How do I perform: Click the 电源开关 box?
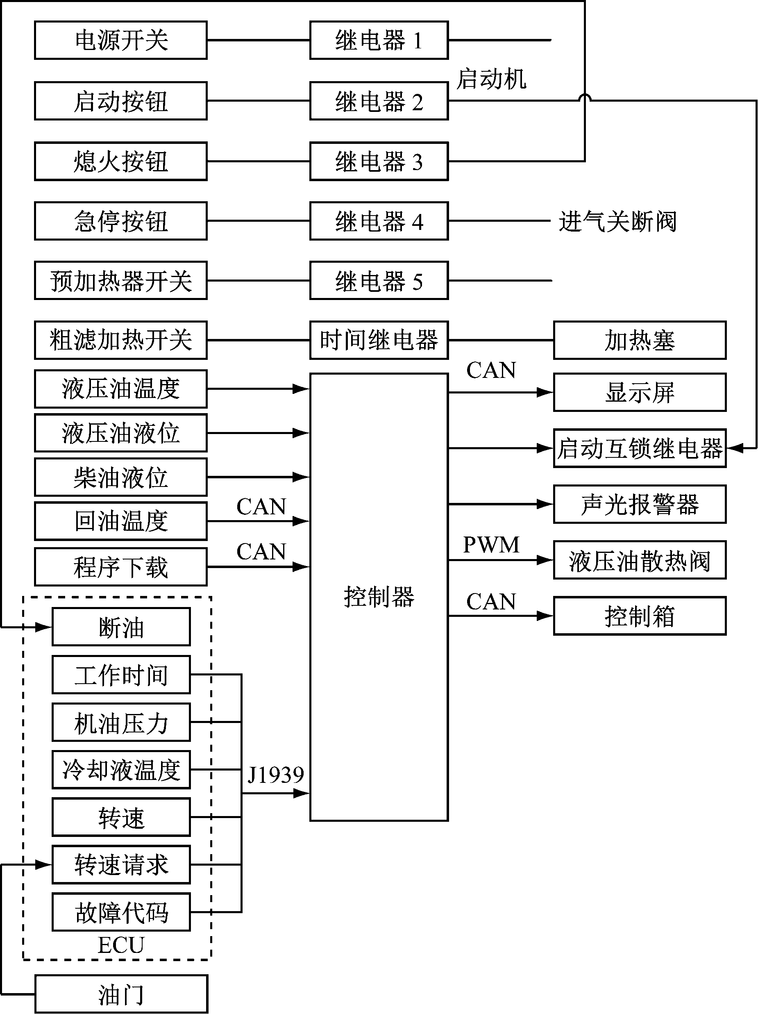pos(120,40)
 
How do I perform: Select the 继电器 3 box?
pos(379,162)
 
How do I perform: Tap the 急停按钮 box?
pos(120,221)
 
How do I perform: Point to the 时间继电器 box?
pos(379,340)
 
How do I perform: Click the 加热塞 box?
pos(639,340)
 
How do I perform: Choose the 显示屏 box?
pos(639,392)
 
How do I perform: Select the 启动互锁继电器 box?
pos(639,448)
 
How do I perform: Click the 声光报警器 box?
pos(639,504)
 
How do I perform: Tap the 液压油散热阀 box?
pos(639,560)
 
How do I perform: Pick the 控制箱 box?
pos(639,616)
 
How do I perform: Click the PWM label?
pos(491,545)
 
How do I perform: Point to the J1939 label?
pos(275,775)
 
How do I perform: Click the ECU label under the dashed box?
pos(120,945)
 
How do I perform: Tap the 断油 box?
pos(120,627)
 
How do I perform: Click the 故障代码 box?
pos(120,912)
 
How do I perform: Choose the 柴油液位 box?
pos(120,477)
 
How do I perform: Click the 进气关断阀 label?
pos(617,221)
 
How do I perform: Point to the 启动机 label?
pos(491,79)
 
